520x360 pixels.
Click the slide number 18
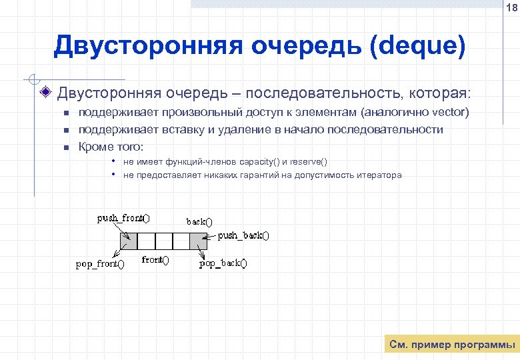pos(511,8)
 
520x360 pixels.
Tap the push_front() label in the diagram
pos(123,217)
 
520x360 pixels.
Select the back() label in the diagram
pos(199,221)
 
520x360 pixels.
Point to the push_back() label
pos(243,235)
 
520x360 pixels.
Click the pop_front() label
pos(100,264)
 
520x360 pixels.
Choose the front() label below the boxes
pos(155,260)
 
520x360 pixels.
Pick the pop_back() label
pos(223,263)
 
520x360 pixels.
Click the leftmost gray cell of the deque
pos(128,241)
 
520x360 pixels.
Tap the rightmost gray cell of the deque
pos(198,241)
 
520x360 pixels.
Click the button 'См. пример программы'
pos(451,345)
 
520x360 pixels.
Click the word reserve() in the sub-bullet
pos(309,162)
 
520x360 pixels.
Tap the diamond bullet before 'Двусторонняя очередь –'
pos(45,91)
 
